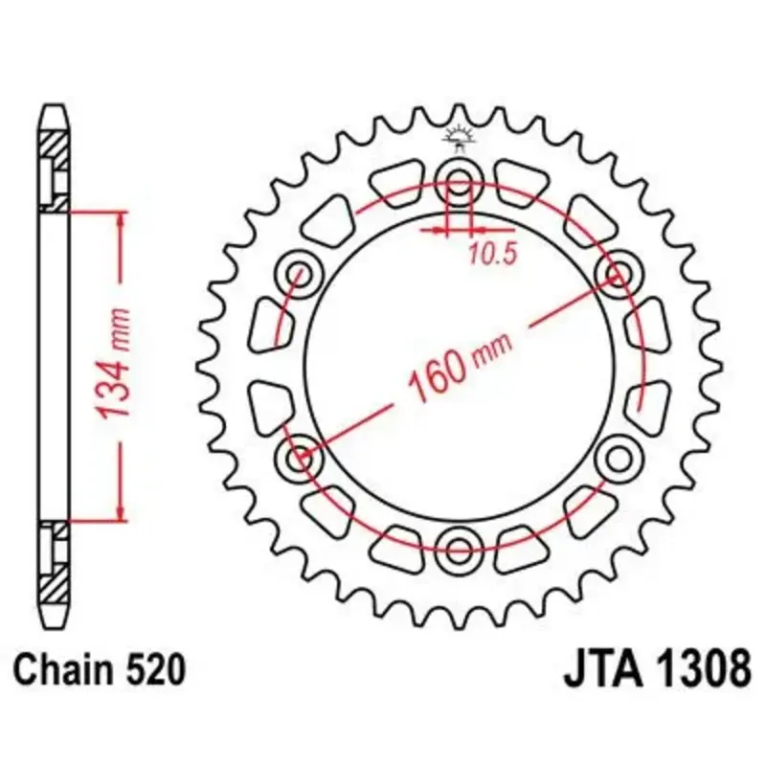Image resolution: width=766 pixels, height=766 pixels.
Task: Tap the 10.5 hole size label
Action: pos(492,255)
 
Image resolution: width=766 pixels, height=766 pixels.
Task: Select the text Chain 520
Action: pos(100,669)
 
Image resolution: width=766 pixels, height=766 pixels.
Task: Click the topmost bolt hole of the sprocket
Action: pos(459,183)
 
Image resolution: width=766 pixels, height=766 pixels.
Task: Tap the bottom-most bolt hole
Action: pos(459,551)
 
